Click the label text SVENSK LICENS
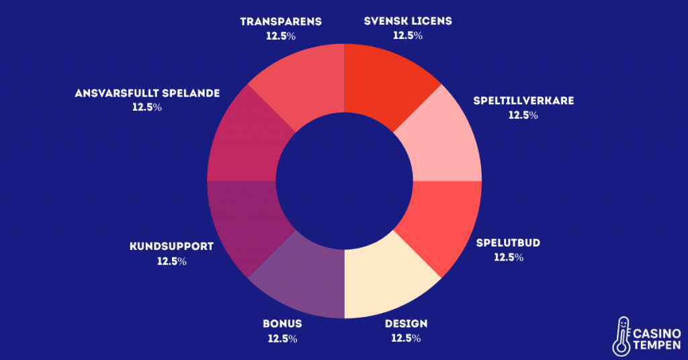tap(408, 21)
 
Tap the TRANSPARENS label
tap(281, 21)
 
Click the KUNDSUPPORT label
tap(171, 246)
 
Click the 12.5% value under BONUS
tap(282, 339)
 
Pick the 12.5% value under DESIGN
tap(406, 339)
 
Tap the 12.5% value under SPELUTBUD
tap(509, 257)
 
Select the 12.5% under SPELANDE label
tap(147, 107)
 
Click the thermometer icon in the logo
tap(622, 336)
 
